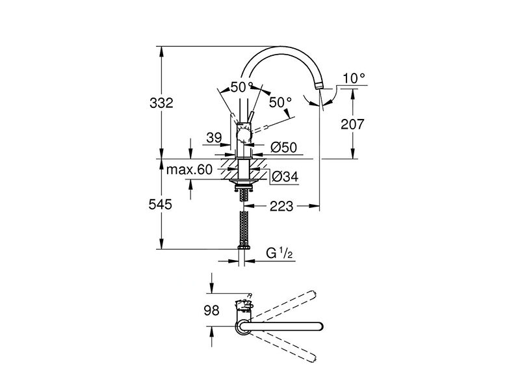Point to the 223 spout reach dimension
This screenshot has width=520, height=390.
[281, 206]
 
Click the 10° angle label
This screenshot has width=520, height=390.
[354, 79]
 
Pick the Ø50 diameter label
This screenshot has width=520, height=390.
[283, 148]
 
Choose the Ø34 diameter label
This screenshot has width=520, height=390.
[285, 175]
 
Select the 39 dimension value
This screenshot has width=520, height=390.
[213, 138]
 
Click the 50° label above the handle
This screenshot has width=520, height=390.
[240, 86]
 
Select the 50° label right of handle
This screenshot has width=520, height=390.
[280, 103]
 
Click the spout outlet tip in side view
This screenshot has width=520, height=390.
[319, 85]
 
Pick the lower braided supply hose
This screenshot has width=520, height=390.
[244, 231]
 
